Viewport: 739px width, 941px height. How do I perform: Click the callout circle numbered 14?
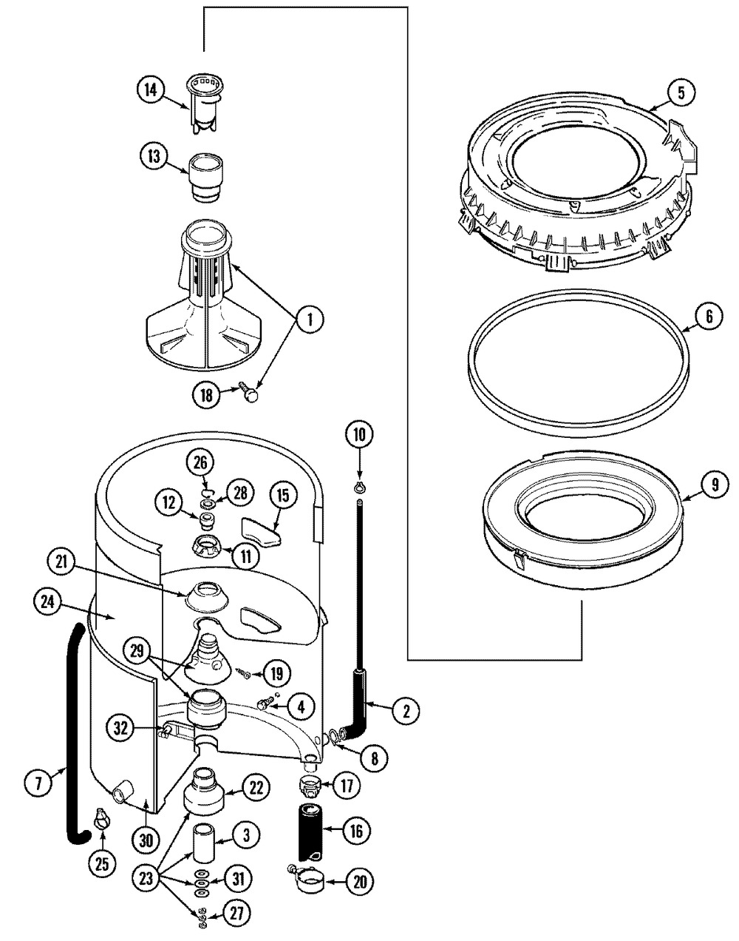151,90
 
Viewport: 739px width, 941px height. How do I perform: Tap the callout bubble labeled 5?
681,92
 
